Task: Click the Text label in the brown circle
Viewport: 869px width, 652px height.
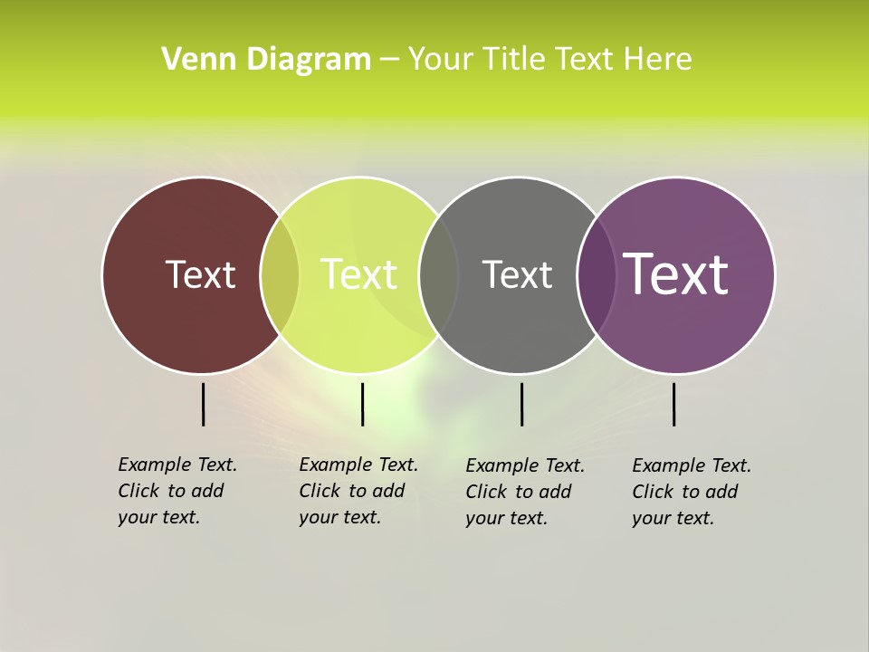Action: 200,274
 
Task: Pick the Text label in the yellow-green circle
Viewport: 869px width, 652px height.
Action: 358,274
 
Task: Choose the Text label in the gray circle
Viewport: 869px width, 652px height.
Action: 517,274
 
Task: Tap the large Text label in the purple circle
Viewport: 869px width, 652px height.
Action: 676,274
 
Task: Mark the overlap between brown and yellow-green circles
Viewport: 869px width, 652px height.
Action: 280,274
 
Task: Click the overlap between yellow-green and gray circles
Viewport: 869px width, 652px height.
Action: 439,274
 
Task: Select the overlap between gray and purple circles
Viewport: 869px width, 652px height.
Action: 597,274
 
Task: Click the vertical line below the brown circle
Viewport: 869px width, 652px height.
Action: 204,404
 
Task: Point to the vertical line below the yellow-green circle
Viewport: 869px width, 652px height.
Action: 362,404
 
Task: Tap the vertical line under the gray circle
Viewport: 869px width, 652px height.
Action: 521,404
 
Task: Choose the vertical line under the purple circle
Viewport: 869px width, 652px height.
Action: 674,404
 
